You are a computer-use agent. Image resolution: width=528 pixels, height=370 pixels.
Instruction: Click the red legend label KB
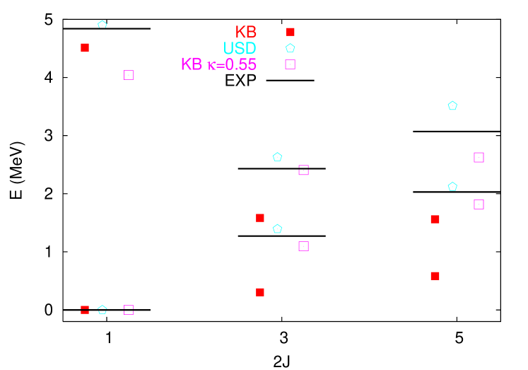(246, 32)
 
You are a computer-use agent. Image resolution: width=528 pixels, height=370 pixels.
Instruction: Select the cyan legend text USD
(240, 48)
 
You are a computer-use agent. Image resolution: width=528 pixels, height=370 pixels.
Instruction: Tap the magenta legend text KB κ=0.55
(218, 64)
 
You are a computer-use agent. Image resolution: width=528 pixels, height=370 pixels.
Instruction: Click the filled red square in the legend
(291, 32)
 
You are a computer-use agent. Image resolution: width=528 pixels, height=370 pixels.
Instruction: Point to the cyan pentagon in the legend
(291, 48)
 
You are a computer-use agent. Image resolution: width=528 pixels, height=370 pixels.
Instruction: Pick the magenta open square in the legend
(290, 64)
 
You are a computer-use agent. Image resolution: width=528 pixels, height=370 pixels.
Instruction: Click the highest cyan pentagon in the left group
(102, 25)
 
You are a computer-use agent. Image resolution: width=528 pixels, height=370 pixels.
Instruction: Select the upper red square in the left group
(85, 47)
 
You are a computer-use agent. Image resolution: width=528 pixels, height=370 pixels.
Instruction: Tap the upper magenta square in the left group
(129, 75)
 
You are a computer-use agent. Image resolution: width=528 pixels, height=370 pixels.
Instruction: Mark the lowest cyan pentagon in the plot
(102, 310)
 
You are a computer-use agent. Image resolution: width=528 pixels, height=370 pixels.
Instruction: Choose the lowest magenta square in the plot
(129, 310)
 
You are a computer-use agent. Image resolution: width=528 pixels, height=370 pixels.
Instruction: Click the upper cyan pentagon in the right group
(452, 106)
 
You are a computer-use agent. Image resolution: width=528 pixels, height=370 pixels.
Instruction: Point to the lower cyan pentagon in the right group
(452, 187)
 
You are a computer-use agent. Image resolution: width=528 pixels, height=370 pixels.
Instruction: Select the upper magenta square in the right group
(479, 158)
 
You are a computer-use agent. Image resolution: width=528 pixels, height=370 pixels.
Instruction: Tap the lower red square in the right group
(435, 276)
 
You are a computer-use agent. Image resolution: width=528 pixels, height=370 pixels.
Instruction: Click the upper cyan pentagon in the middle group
(277, 157)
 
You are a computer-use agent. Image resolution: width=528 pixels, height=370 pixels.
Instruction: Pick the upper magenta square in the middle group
(303, 170)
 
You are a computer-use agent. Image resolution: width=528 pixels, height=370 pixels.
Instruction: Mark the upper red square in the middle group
(260, 218)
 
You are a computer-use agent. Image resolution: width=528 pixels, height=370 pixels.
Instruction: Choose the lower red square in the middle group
(260, 292)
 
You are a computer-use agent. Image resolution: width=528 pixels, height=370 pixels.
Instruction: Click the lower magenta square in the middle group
(303, 246)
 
